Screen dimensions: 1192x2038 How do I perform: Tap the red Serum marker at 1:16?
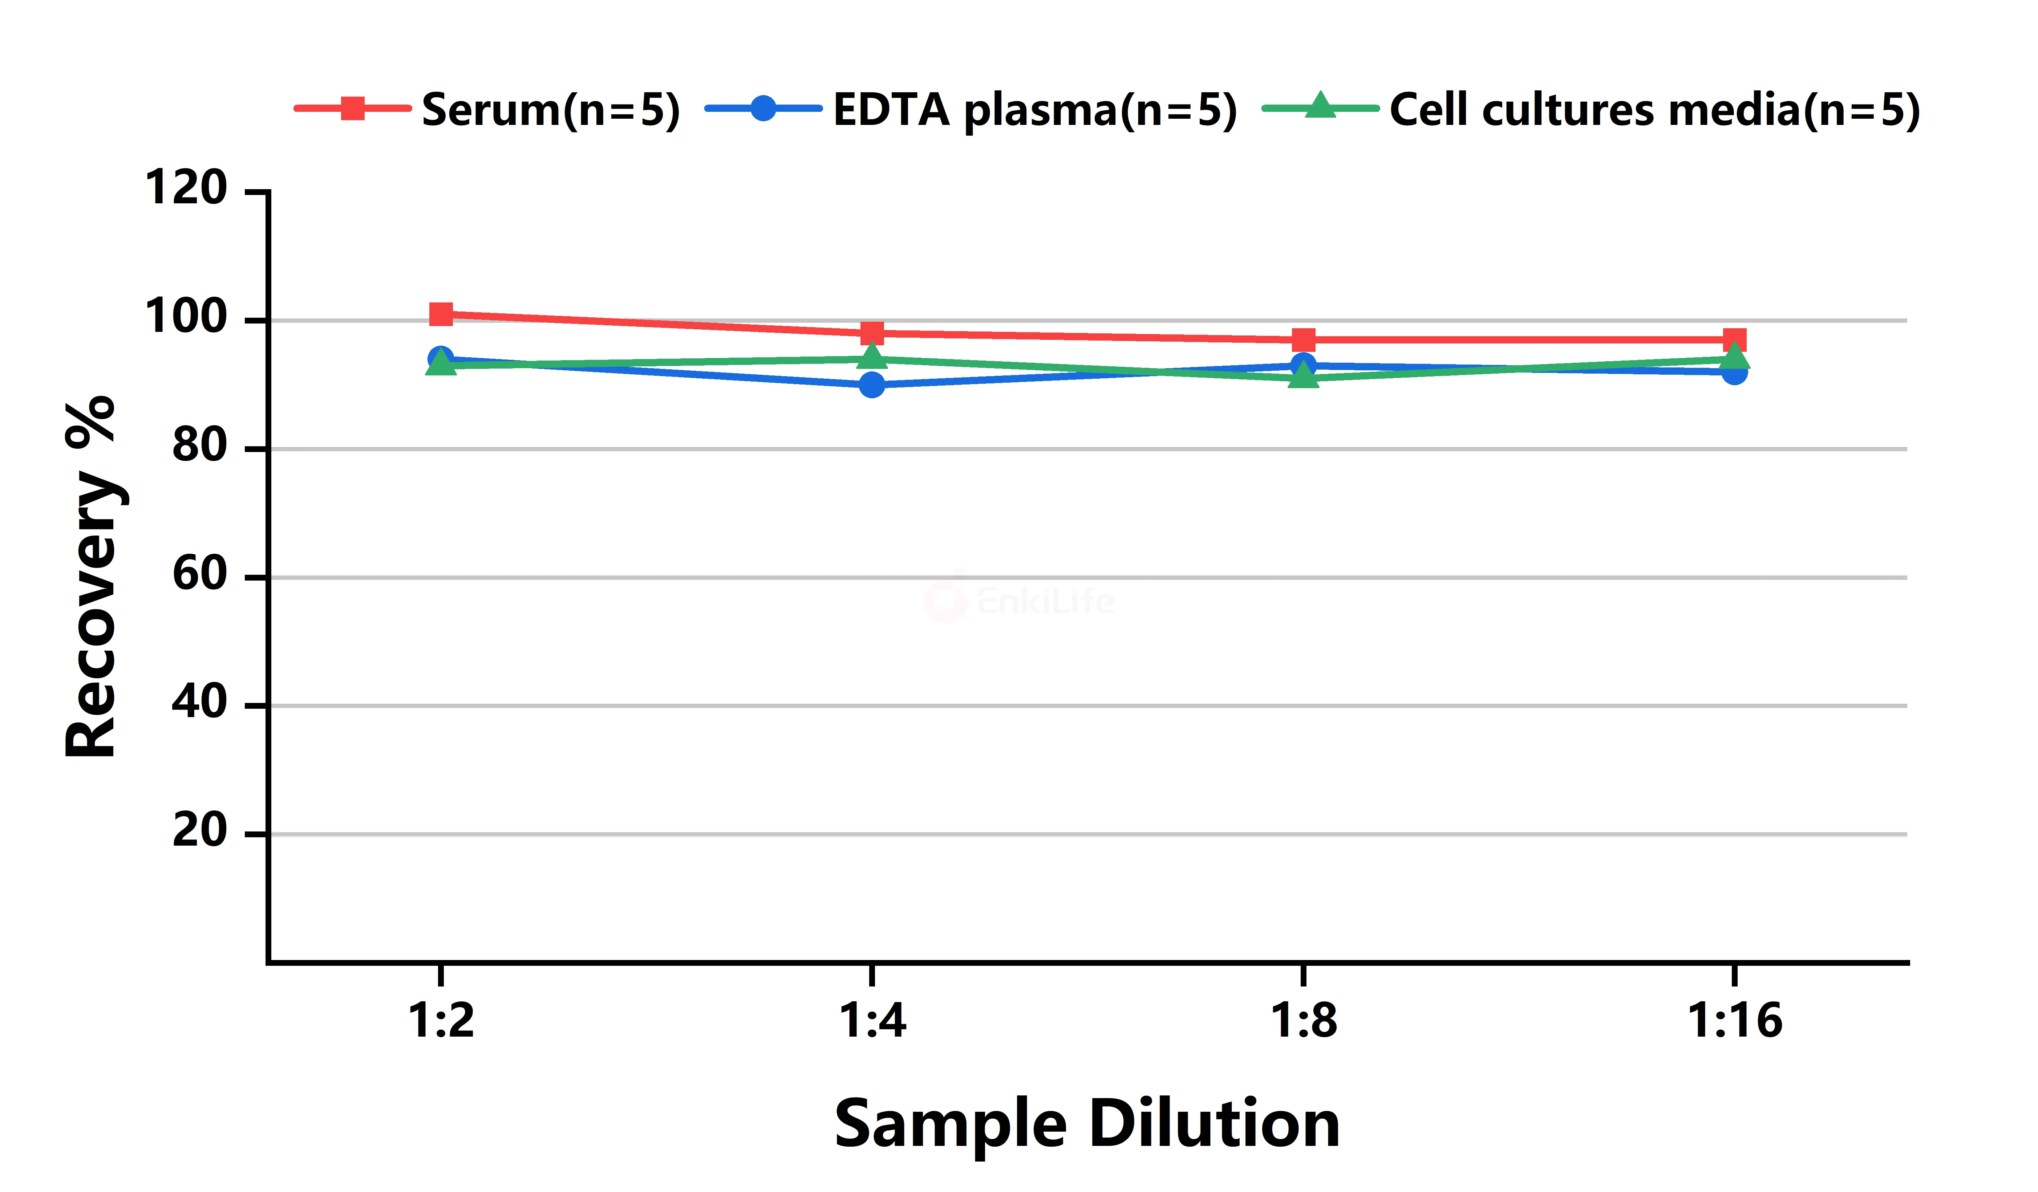pyautogui.click(x=1734, y=339)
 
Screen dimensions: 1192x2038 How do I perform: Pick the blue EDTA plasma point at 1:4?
pyautogui.click(x=872, y=385)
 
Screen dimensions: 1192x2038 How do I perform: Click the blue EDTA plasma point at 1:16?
pyautogui.click(x=1734, y=372)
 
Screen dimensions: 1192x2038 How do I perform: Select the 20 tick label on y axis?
pyautogui.click(x=200, y=831)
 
